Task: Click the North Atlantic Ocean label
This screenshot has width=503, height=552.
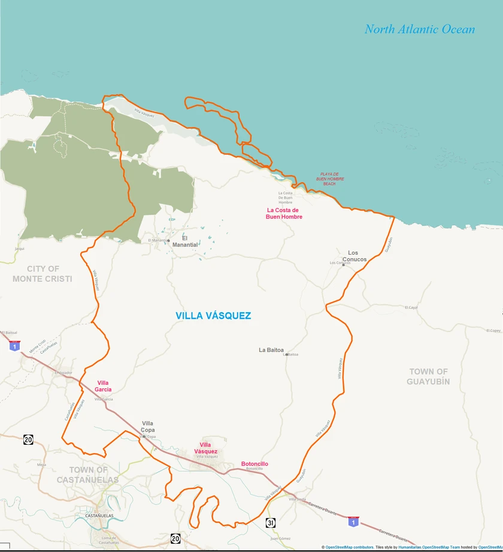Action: (x=419, y=29)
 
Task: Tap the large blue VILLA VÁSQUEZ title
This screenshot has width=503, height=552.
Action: (x=213, y=316)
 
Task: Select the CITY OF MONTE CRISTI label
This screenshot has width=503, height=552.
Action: (x=42, y=274)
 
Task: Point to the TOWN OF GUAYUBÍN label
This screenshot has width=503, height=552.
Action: (x=429, y=376)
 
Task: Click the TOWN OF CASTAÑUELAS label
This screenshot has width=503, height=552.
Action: (x=88, y=475)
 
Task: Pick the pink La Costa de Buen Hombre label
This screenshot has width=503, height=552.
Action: (x=284, y=213)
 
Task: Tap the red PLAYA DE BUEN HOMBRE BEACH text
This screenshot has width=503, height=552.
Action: (x=330, y=179)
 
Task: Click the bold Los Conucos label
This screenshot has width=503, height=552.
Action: (x=353, y=256)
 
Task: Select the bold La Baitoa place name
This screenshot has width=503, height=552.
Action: (x=271, y=350)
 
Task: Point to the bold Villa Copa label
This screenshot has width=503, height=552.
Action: (x=148, y=427)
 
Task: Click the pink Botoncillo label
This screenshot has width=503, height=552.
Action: (x=254, y=464)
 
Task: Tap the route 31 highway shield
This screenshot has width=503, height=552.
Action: (x=271, y=523)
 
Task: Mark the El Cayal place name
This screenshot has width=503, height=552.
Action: (x=411, y=307)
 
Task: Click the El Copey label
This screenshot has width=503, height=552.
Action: (x=493, y=330)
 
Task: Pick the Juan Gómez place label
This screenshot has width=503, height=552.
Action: (x=280, y=538)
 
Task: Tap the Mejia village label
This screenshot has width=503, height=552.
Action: (x=41, y=464)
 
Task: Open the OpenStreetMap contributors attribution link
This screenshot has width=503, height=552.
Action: (x=350, y=547)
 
